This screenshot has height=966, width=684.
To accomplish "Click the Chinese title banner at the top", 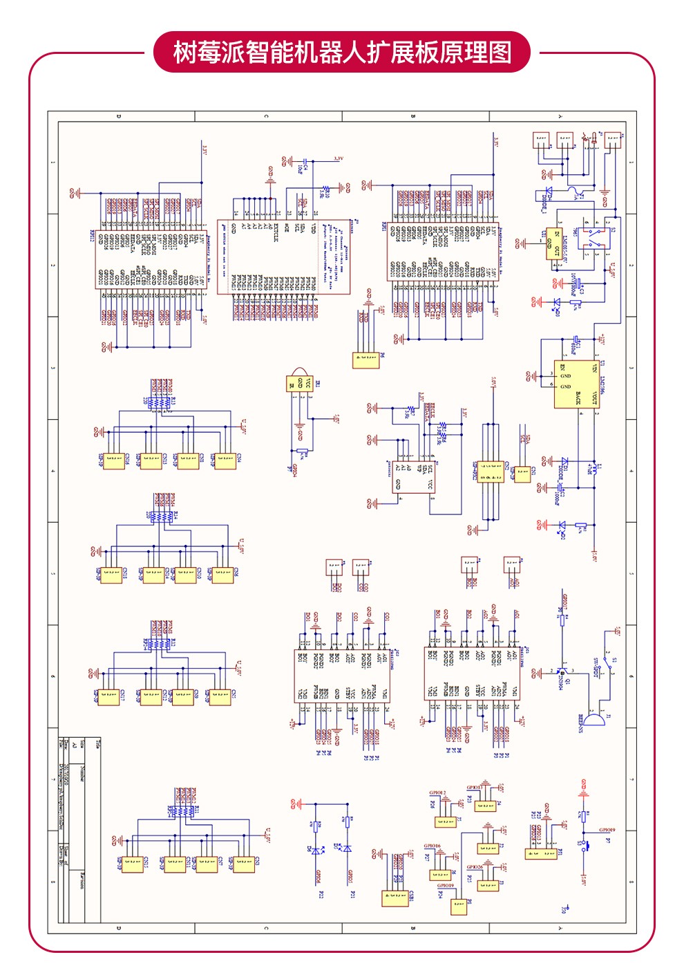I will click(341, 53).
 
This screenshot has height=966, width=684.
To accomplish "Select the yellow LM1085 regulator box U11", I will click(553, 244).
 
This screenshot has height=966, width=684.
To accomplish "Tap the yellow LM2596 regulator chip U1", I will click(576, 384).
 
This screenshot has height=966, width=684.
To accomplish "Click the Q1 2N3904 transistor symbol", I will click(561, 672).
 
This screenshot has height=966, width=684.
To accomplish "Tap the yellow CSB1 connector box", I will click(395, 897).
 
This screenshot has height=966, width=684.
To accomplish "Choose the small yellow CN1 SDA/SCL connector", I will click(523, 474).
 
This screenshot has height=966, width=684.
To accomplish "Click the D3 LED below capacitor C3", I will click(557, 302).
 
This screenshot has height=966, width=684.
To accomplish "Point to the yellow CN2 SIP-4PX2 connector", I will click(491, 472).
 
